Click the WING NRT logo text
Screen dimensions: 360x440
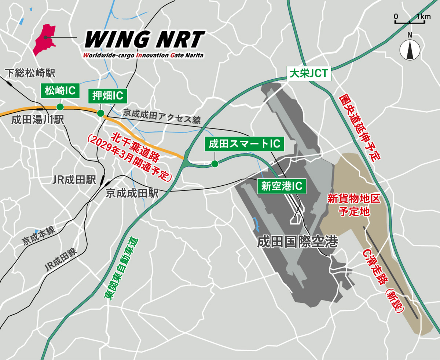144,39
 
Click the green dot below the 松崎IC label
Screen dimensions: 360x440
60,107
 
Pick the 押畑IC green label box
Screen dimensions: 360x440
107,96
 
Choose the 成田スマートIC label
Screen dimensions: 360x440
244,144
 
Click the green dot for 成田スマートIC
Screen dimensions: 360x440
214,164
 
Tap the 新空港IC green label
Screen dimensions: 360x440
282,186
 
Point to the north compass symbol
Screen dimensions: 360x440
410,48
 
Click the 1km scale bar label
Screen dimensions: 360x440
424,17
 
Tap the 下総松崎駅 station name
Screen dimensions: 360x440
30,73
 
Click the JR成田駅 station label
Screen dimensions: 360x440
74,180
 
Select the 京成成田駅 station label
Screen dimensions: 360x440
132,193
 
